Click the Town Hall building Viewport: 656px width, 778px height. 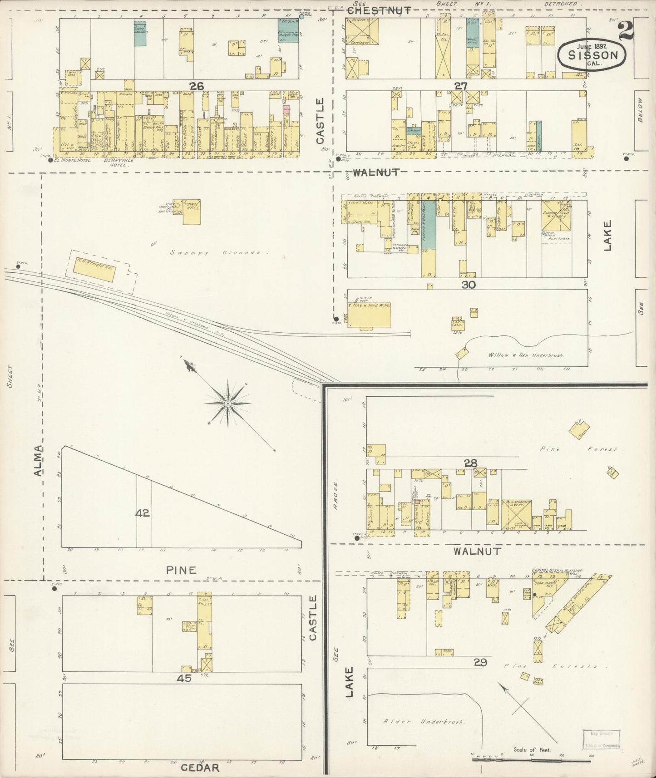point(191,212)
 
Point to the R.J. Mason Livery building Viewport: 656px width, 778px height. point(516,514)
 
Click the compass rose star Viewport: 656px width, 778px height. point(227,403)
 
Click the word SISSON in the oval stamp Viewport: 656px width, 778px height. point(593,56)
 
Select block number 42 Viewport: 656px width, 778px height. point(142,513)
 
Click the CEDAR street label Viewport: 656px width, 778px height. point(200,768)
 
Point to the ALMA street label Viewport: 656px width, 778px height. point(39,461)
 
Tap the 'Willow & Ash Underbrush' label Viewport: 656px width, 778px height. point(526,355)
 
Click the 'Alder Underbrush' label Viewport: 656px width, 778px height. point(424,721)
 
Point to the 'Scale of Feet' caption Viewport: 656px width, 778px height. point(532,750)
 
